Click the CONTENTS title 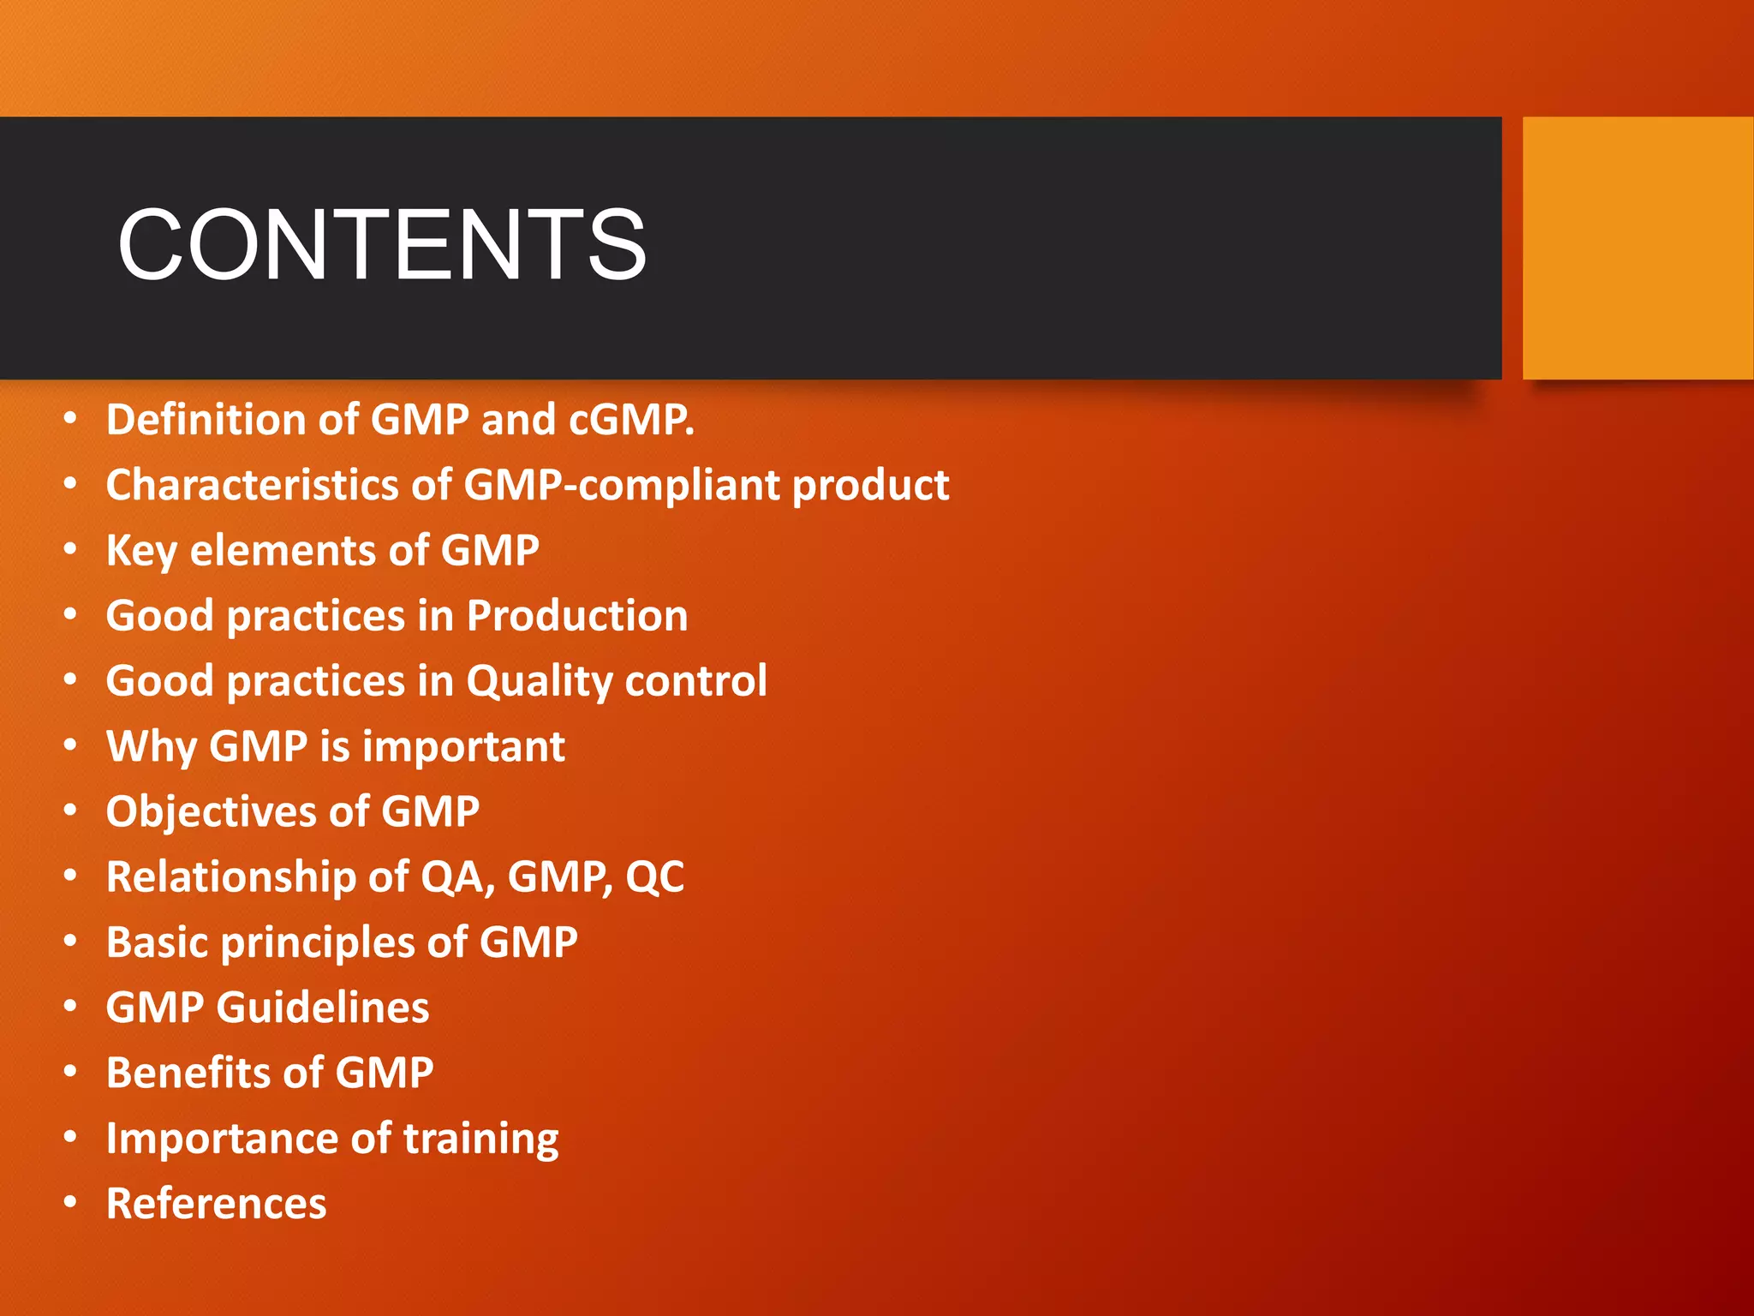tap(382, 245)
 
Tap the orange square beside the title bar tap(1637, 248)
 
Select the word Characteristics tap(252, 485)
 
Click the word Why tap(151, 746)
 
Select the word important tap(463, 747)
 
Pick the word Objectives tap(211, 812)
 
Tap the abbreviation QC tap(654, 877)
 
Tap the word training tap(480, 1139)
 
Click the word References tap(216, 1204)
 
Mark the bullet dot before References tap(70, 1202)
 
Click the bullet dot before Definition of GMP tap(70, 419)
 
